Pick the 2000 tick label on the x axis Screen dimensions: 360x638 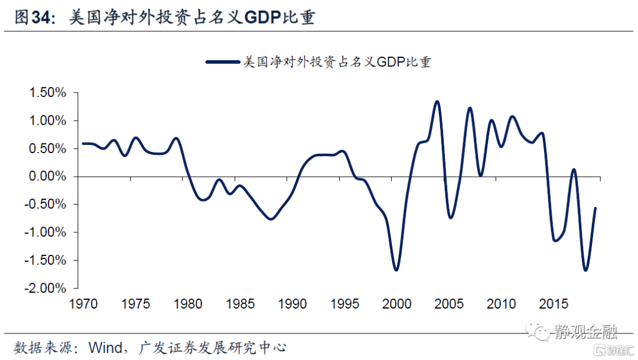click(396, 304)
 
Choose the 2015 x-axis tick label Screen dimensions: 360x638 click(554, 304)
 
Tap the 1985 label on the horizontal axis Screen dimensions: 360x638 click(239, 304)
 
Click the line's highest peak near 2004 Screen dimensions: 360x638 click(437, 102)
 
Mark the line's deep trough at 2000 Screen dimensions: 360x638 click(396, 270)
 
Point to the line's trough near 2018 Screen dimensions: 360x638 click(585, 270)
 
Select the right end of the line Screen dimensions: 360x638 click(595, 208)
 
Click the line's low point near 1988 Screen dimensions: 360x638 click(271, 219)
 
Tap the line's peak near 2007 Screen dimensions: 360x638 click(470, 108)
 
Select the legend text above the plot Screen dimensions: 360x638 click(337, 61)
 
